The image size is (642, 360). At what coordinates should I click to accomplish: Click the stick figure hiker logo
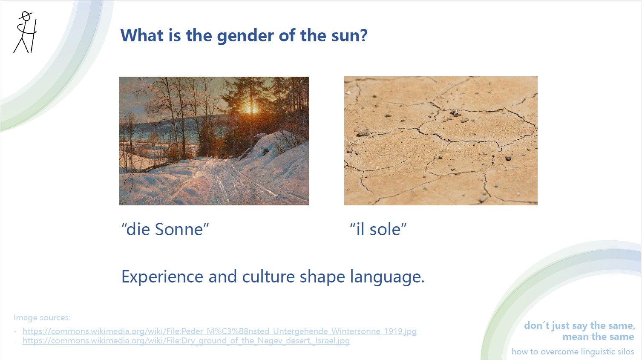click(25, 32)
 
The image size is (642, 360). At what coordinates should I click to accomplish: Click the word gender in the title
click(245, 36)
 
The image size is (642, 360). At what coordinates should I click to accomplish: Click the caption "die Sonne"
click(165, 229)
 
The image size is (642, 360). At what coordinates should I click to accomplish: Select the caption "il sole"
click(378, 229)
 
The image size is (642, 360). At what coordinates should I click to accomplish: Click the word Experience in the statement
click(162, 277)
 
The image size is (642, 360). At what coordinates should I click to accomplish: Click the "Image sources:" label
click(42, 318)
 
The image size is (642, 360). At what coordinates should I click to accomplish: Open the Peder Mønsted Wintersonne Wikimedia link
click(219, 331)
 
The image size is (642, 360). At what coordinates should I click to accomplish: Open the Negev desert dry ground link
click(186, 341)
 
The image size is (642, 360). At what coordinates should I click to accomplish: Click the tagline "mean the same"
click(598, 337)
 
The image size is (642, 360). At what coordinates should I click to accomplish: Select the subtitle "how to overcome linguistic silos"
click(573, 351)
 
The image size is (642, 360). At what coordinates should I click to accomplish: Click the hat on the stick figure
click(26, 15)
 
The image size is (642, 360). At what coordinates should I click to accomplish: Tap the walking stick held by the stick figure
click(34, 36)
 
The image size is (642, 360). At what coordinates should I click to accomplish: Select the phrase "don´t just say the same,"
click(579, 326)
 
